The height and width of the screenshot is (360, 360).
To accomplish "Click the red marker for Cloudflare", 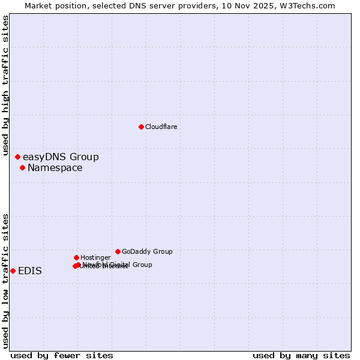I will [x=141, y=127].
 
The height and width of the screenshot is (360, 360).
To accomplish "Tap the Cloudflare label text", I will [x=161, y=127].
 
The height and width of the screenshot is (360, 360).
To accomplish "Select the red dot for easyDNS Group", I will [x=17, y=157].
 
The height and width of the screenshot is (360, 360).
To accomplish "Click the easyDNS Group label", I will [x=61, y=157].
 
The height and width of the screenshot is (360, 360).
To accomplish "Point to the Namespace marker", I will [x=22, y=167].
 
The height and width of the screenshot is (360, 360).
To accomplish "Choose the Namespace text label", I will [x=55, y=168].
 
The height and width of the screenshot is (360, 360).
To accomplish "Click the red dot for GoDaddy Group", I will [x=118, y=251].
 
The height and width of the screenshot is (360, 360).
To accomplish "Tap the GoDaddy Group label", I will [x=147, y=251].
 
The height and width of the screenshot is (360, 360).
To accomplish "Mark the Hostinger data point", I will [x=76, y=257].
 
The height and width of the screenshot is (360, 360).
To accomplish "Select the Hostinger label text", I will [x=95, y=257].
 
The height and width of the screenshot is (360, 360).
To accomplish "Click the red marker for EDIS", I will [x=13, y=271].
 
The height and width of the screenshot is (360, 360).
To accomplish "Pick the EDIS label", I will [x=30, y=271].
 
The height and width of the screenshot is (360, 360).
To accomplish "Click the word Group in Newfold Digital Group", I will [x=142, y=265].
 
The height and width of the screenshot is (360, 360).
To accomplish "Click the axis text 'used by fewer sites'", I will [x=62, y=355].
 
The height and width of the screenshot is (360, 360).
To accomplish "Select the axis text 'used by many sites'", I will [x=301, y=355].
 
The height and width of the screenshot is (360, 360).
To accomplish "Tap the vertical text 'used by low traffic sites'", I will [x=5, y=281].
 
